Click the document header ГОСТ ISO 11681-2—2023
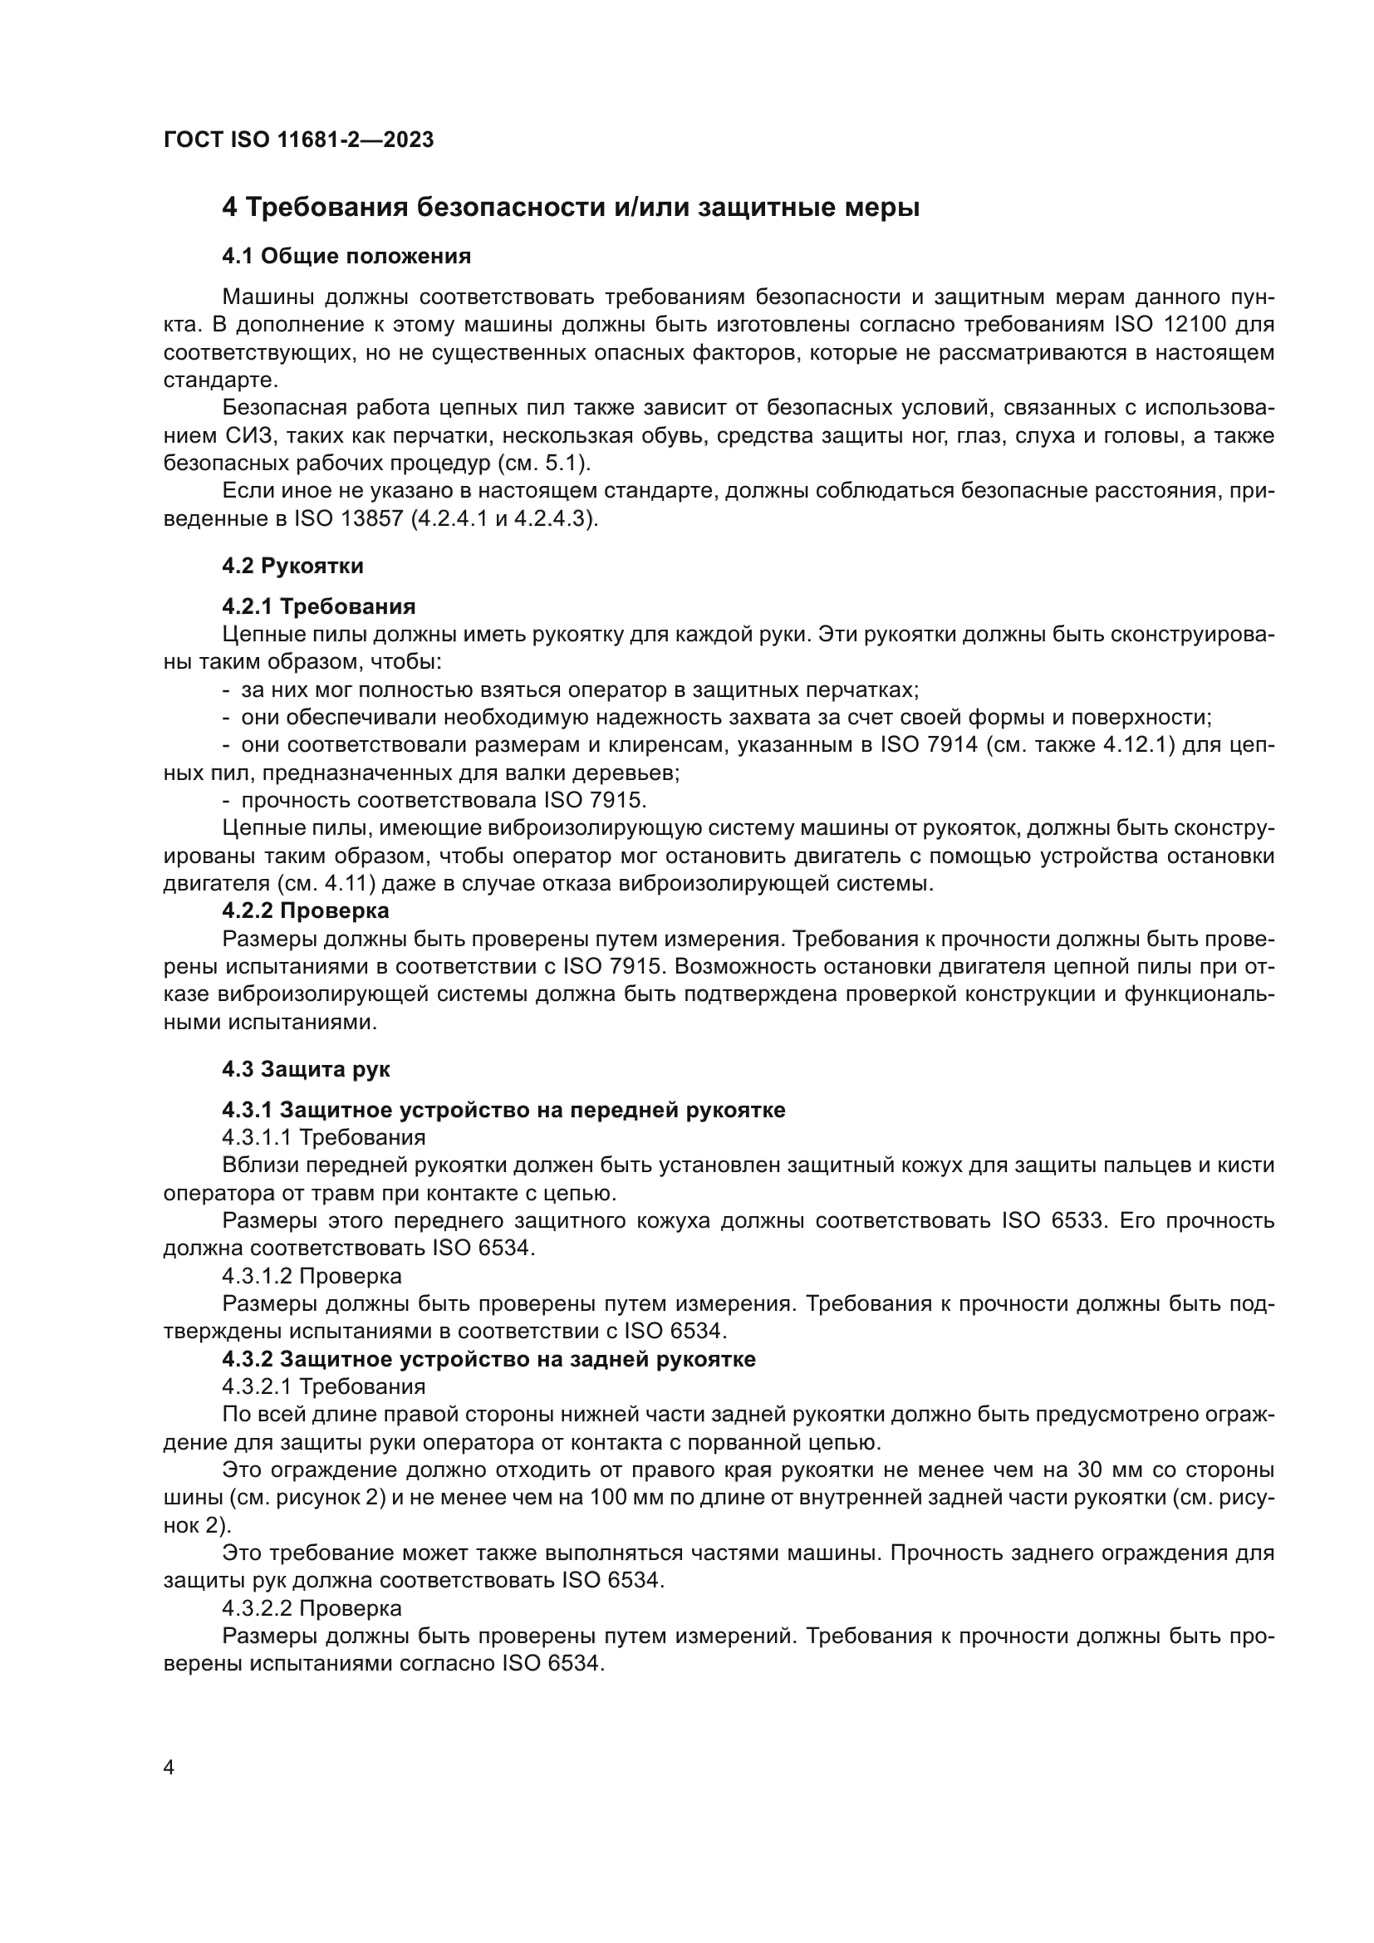pos(298,140)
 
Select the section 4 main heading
pos(570,208)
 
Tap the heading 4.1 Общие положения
pos(346,257)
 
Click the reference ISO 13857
pos(349,518)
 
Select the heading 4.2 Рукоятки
pos(292,567)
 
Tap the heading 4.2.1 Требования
pos(318,606)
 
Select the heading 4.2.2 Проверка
pos(306,911)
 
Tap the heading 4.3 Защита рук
pos(306,1069)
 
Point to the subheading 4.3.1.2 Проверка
pos(312,1275)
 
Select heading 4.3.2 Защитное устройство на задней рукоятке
pos(488,1359)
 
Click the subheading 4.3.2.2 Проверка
pos(312,1608)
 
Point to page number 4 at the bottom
pos(169,1769)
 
